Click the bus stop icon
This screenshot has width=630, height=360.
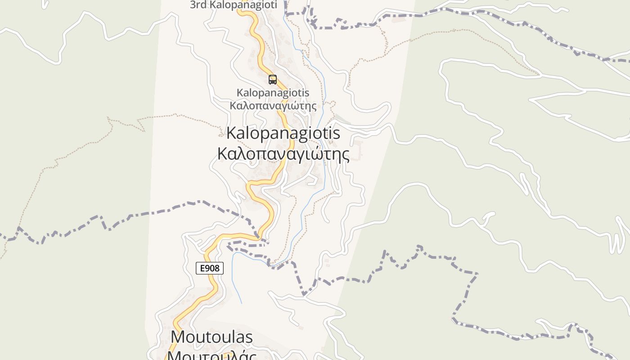click(272, 80)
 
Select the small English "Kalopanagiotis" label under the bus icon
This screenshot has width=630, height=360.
click(273, 93)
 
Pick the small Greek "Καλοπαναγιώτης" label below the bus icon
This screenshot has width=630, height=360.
click(273, 106)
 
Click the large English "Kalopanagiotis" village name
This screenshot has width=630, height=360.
click(283, 133)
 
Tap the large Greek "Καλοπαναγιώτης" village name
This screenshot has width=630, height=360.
click(283, 154)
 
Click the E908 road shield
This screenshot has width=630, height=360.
click(210, 268)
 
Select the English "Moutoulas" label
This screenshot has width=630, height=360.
click(211, 337)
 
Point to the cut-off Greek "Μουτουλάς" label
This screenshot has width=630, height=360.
click(211, 355)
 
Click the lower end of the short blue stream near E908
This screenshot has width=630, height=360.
click(241, 302)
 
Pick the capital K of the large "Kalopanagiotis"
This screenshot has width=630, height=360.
click(232, 133)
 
